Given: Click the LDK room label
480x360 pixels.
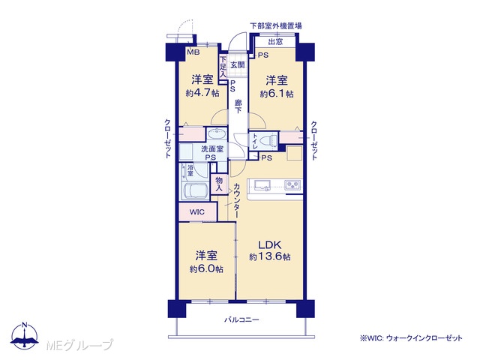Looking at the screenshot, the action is [x=269, y=245].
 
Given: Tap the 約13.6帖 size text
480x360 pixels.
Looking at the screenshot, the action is [x=270, y=256].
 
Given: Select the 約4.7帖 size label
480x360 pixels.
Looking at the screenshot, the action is [x=202, y=93].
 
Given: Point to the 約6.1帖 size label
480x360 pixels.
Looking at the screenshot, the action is [x=277, y=94].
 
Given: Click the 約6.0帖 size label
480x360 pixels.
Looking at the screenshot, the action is [x=206, y=269].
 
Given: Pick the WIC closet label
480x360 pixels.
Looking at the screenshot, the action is [x=196, y=212].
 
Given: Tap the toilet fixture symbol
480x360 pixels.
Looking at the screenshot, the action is [x=267, y=141].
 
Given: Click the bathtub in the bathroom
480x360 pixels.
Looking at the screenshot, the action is [x=195, y=191].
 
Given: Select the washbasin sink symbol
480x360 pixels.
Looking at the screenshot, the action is [x=217, y=134].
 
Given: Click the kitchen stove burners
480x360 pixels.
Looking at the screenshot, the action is [x=293, y=185].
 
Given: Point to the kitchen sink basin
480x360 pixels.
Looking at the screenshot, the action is [x=262, y=185].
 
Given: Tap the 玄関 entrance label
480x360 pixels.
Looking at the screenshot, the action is [x=237, y=65].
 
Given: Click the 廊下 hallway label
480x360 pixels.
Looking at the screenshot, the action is [x=238, y=106].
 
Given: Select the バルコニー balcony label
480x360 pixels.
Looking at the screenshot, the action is [x=241, y=320].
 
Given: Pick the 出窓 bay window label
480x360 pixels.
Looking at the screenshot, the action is [x=275, y=42].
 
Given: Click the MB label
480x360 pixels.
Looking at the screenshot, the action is [x=193, y=52].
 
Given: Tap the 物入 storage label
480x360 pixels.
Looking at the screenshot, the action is [x=219, y=184].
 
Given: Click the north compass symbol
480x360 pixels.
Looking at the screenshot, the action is [x=25, y=335].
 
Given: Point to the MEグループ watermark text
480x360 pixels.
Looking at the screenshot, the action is [x=79, y=345].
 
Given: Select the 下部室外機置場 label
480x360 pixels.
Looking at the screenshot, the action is [x=276, y=25].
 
